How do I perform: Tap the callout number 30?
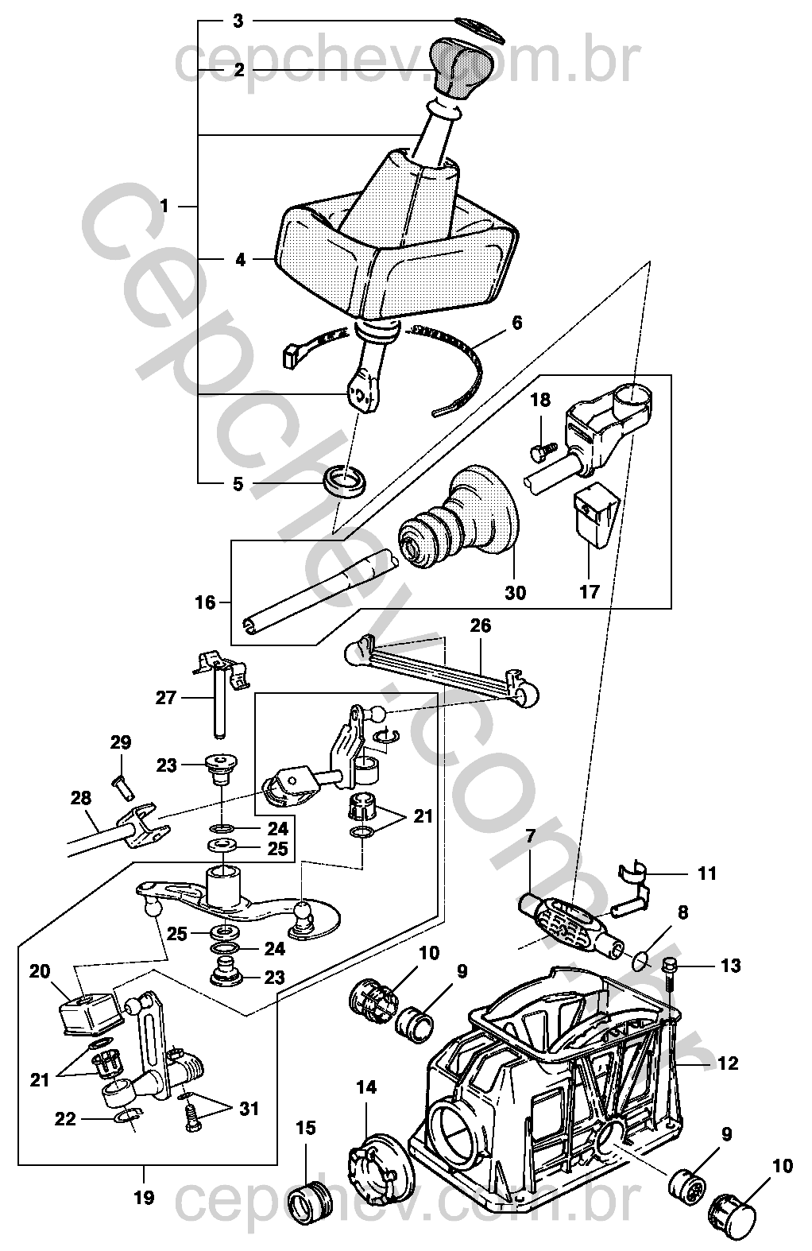515,593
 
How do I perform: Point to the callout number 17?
589,592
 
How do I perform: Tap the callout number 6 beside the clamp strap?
516,323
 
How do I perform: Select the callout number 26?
480,625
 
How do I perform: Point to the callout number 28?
81,797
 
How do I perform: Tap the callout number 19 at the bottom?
144,1197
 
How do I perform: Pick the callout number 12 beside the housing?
728,1063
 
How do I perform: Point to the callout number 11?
706,873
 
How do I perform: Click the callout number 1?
164,207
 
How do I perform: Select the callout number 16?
205,602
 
